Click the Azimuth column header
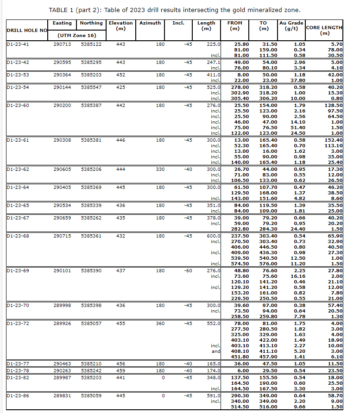tap(150, 23)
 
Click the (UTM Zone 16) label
tap(76, 35)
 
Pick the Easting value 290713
tap(62, 44)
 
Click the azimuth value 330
tap(160, 169)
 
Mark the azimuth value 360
tap(160, 323)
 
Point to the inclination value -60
tap(188, 270)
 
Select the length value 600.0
tap(213, 236)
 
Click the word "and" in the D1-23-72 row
tap(215, 351)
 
